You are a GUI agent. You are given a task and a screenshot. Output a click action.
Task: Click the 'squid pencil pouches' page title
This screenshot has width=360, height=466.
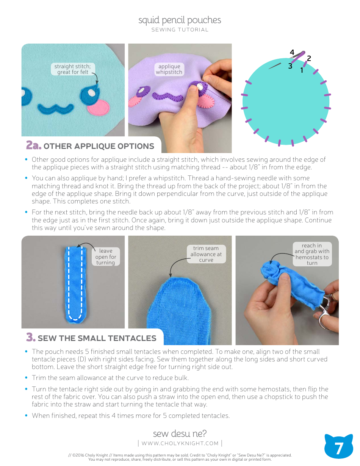coord(180,20)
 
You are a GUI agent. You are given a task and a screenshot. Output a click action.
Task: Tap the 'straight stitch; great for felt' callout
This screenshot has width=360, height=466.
coord(72,69)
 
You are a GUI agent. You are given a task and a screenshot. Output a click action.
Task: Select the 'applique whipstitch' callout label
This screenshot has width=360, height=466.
coord(169,69)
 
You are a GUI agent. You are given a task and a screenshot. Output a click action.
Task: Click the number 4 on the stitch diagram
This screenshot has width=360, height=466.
coord(292,52)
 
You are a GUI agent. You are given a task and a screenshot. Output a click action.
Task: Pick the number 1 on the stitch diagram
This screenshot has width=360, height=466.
coord(302,70)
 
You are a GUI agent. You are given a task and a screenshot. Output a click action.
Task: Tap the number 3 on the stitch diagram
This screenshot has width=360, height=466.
coord(290,66)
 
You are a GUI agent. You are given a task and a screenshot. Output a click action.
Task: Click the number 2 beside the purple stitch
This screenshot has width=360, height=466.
coord(309,58)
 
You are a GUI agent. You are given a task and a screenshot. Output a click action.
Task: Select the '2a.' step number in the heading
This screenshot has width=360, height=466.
coord(33,146)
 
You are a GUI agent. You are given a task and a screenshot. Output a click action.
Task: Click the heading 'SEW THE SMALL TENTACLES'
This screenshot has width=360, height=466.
coord(97,338)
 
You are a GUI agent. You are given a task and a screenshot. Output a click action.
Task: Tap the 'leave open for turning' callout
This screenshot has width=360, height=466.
coord(106,256)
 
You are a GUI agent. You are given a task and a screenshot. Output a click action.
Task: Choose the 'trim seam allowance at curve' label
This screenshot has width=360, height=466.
coord(206,254)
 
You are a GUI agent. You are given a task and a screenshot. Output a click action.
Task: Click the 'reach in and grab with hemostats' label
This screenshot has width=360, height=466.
coord(312,254)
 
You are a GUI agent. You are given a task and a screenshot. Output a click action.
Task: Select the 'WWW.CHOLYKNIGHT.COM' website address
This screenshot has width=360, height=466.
coord(180,443)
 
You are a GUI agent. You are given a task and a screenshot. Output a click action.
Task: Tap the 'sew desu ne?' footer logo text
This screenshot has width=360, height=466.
coord(180,433)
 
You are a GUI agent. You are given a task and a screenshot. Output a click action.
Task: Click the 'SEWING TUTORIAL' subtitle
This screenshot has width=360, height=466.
coord(180,30)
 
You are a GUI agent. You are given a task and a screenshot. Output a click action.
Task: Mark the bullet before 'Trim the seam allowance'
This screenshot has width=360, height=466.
coord(26,377)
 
